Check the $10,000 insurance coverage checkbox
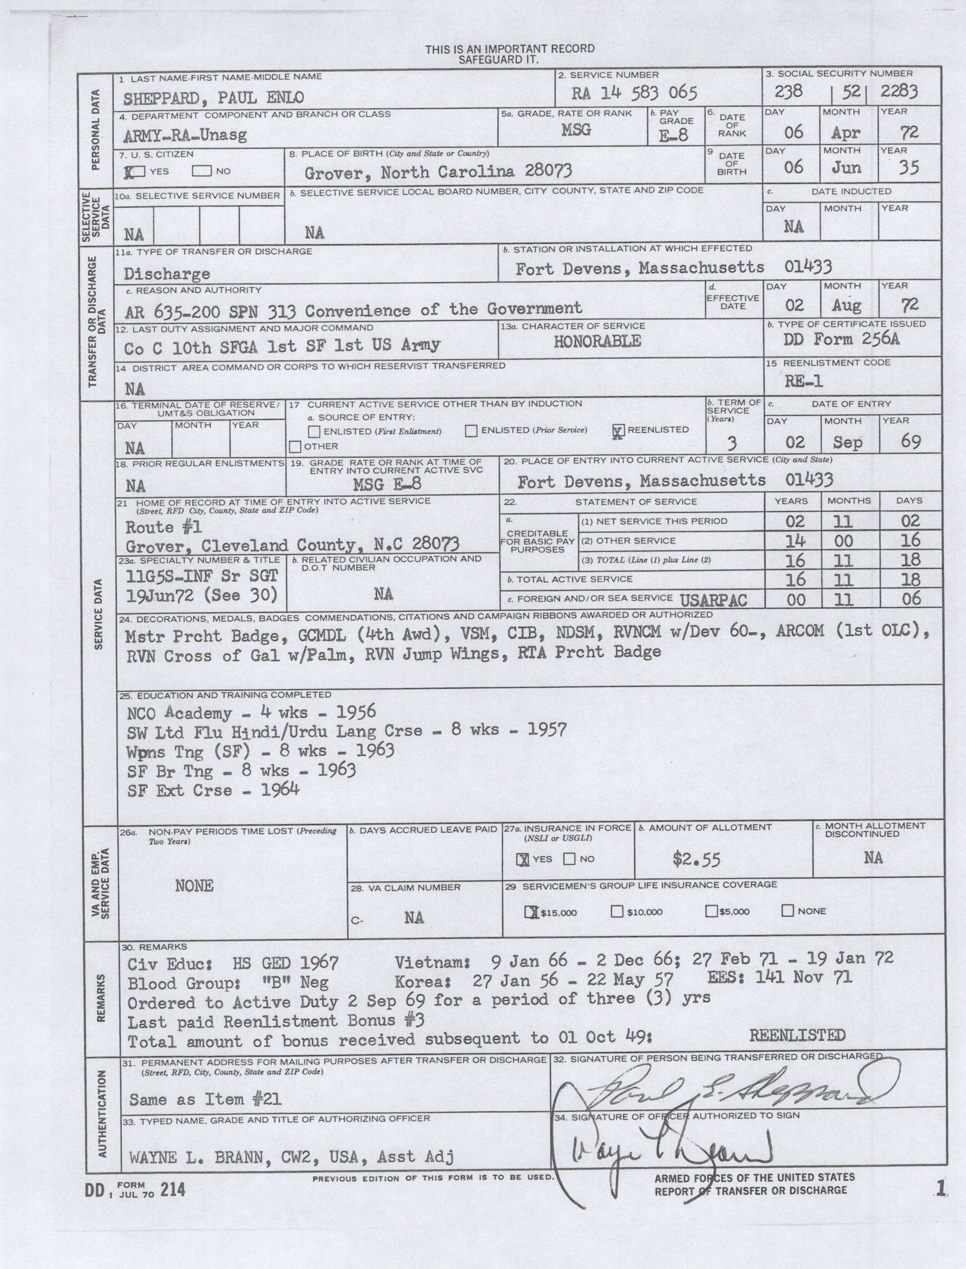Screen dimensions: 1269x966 click(617, 911)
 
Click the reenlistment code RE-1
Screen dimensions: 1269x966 click(803, 381)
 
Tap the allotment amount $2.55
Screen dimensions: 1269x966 click(696, 859)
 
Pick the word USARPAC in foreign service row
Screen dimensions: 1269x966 click(713, 601)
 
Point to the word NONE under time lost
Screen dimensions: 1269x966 click(194, 886)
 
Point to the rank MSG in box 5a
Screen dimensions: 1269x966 click(576, 129)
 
